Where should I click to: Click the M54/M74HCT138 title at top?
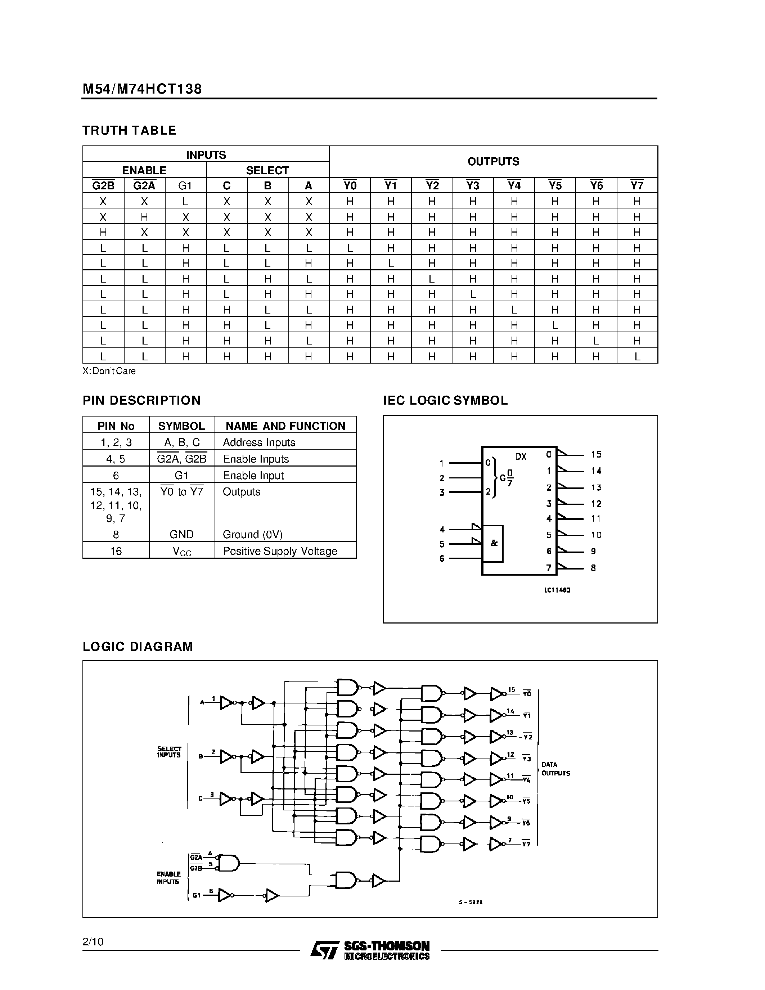point(142,89)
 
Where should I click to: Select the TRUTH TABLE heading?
point(129,131)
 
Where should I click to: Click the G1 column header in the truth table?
point(185,185)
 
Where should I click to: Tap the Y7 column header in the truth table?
point(637,185)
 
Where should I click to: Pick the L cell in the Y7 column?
point(637,357)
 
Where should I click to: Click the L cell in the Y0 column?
point(350,248)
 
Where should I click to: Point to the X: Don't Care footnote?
point(109,371)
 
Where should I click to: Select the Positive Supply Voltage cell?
point(280,551)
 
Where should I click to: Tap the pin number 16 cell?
point(116,551)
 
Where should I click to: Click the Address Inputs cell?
point(259,442)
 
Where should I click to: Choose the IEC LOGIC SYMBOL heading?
point(445,401)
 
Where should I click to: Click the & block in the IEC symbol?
point(494,543)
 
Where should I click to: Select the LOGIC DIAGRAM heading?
point(138,647)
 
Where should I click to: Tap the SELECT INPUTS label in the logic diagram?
point(169,752)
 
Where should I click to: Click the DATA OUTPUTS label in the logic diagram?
point(555,769)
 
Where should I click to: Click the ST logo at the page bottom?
point(324,950)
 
